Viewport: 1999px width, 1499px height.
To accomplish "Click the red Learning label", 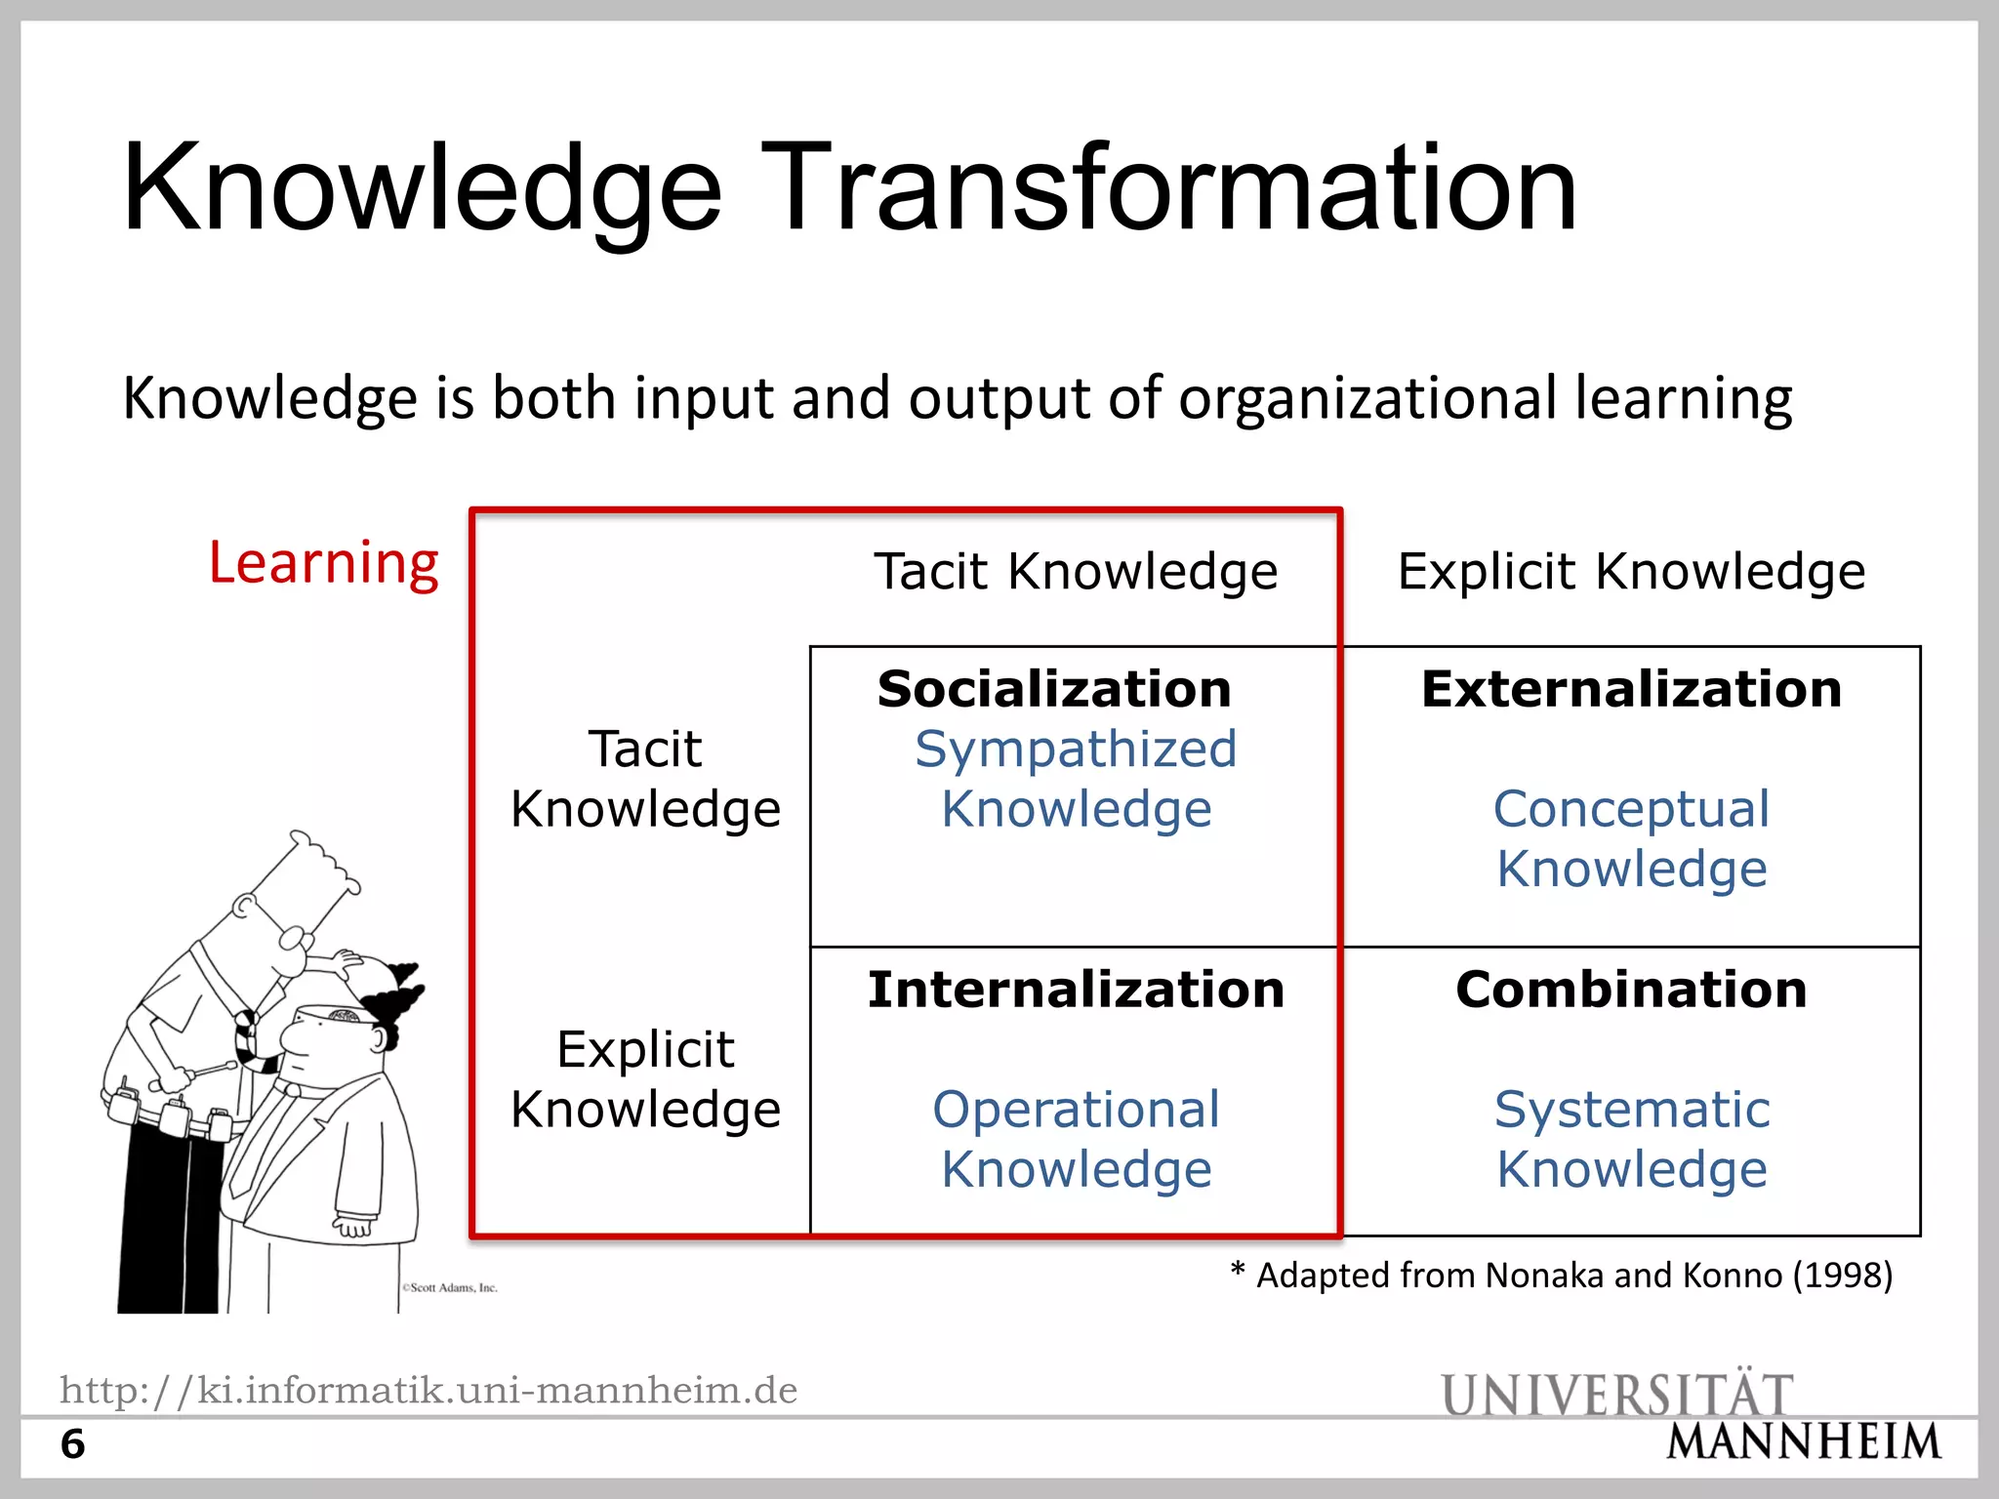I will pyautogui.click(x=324, y=563).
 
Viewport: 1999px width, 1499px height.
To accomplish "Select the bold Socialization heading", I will pyautogui.click(x=1054, y=689).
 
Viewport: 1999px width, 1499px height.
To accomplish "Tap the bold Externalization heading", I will pyautogui.click(x=1631, y=689).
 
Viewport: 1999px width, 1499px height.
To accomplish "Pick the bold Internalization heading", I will pyautogui.click(x=1076, y=990).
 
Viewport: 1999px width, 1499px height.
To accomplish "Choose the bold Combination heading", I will pyautogui.click(x=1631, y=990).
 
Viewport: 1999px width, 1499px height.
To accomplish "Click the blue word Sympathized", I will pyautogui.click(x=1076, y=749).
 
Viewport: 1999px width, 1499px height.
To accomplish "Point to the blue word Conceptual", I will pyautogui.click(x=1631, y=809).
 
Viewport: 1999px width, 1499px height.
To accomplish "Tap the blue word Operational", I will pyautogui.click(x=1076, y=1110).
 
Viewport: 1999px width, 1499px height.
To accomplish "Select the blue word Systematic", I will pyautogui.click(x=1631, y=1110).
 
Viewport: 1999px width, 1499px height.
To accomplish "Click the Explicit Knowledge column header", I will pyautogui.click(x=1631, y=571).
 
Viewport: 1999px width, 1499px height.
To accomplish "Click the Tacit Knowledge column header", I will pyautogui.click(x=1076, y=571).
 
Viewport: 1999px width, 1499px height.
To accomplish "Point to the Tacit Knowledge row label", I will pyautogui.click(x=645, y=779).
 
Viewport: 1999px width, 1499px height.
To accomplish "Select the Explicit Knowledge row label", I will pyautogui.click(x=645, y=1079).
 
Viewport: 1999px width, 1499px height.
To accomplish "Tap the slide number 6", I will pyautogui.click(x=73, y=1444).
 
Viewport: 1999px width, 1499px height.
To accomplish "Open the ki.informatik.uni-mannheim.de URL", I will pyautogui.click(x=428, y=1390).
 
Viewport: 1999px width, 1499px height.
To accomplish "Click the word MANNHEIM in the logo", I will pyautogui.click(x=1804, y=1442).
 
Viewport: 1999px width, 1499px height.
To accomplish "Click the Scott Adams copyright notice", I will pyautogui.click(x=450, y=1288).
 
